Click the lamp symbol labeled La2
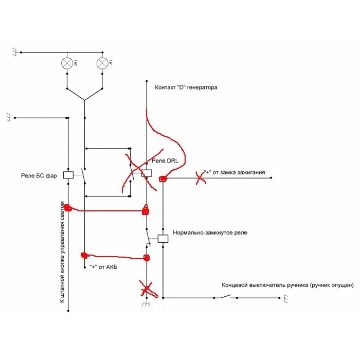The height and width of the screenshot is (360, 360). [x=67, y=63]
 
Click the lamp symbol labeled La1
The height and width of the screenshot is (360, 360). [x=102, y=63]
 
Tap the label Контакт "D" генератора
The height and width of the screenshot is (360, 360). [x=186, y=87]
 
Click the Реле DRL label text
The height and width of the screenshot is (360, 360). [x=165, y=161]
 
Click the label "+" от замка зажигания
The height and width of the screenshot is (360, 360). [x=235, y=172]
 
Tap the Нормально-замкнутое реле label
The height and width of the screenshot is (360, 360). [x=210, y=232]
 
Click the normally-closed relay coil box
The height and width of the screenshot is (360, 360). [x=163, y=239]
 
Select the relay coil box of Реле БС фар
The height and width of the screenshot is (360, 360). [x=68, y=175]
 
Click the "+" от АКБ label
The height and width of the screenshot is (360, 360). [x=103, y=266]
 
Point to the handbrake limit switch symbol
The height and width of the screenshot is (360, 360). [x=224, y=296]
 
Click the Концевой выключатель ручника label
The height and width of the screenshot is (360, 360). [x=287, y=284]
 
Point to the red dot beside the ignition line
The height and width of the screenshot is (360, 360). [x=163, y=179]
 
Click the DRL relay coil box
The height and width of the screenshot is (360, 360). [x=146, y=174]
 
